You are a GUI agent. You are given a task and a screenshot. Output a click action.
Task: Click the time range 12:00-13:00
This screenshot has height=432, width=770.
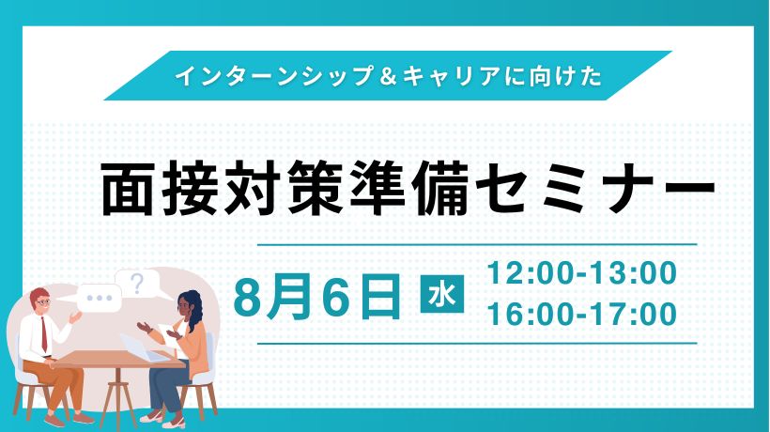point(582,273)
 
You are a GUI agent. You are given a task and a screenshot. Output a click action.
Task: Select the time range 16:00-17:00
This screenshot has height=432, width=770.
point(582,315)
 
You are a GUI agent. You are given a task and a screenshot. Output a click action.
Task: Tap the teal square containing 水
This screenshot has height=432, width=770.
point(442,295)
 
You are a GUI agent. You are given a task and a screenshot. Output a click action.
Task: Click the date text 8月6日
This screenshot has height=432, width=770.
point(317,296)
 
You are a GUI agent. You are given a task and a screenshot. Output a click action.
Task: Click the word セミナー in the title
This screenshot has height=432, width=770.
point(595,190)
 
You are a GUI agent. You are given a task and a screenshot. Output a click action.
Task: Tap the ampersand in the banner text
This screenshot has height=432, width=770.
point(388,76)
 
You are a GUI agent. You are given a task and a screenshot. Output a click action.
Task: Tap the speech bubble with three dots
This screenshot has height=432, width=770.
point(99,298)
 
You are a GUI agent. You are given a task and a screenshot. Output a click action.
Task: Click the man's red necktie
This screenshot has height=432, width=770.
point(44,334)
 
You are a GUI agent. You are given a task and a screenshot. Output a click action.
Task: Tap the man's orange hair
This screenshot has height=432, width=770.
point(38,294)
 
